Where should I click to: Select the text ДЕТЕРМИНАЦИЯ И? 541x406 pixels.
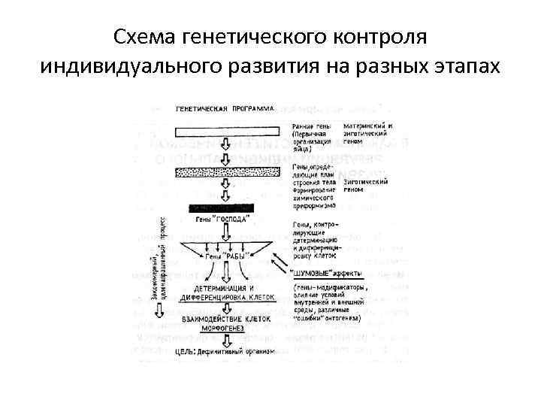223,288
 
